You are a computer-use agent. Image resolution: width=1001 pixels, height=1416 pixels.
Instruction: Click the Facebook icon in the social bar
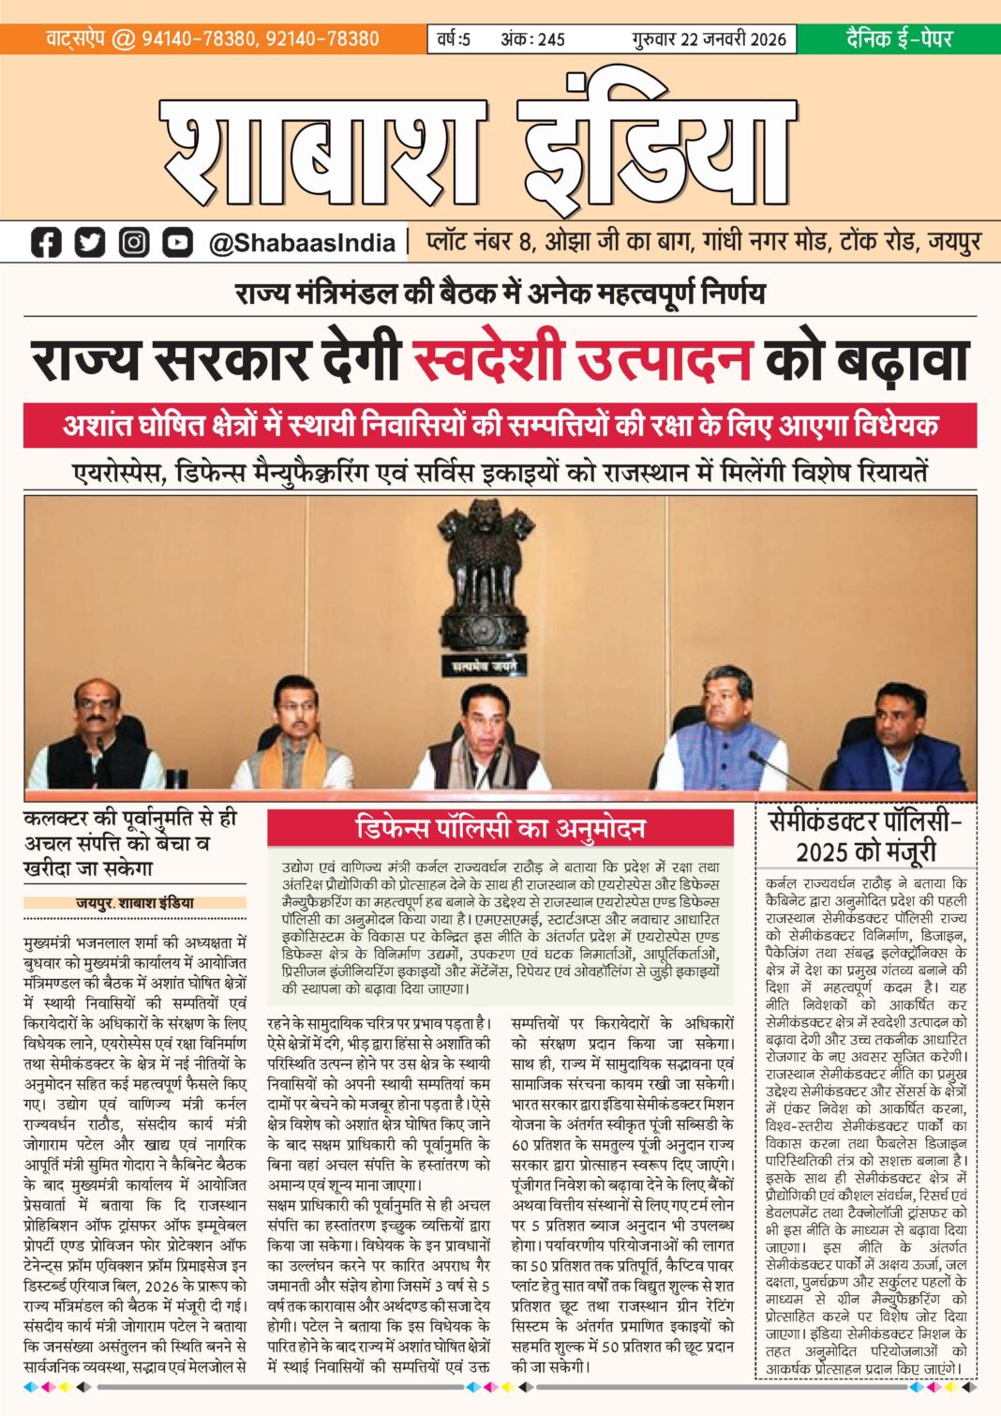coord(45,243)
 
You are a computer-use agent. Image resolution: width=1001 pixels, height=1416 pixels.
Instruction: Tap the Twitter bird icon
coord(90,243)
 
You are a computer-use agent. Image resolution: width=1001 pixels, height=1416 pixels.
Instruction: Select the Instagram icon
coord(134,243)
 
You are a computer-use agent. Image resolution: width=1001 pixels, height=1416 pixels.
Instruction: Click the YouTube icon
coord(177,243)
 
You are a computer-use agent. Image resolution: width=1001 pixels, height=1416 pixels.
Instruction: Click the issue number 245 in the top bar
coord(549,39)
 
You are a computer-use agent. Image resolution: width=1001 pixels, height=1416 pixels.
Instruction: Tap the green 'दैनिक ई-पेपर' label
coord(898,38)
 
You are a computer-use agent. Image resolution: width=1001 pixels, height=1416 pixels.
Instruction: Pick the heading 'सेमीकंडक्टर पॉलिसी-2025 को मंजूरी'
coord(865,837)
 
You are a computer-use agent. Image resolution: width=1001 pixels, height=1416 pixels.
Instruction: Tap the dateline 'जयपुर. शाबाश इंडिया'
coord(135,903)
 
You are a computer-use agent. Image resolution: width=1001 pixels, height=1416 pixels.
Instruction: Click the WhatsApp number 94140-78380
coord(198,39)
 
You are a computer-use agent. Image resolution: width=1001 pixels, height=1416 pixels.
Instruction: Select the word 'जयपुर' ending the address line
coord(954,243)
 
